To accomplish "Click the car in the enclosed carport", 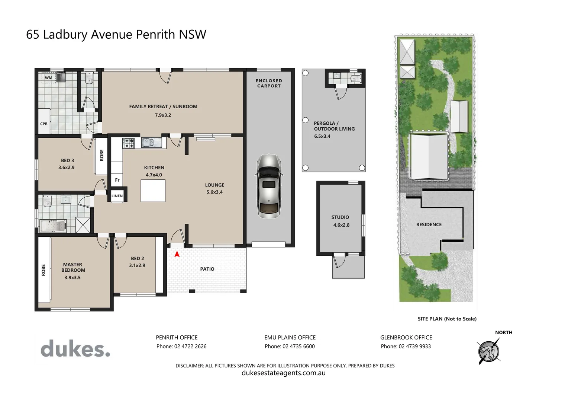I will [269, 186].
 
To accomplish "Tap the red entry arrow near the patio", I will [177, 254].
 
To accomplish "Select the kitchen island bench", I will [153, 191].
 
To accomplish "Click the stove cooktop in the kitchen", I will [129, 143].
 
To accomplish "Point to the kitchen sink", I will [151, 142].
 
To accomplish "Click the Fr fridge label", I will [117, 180].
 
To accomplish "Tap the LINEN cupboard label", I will [117, 196].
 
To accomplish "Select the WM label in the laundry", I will [49, 78].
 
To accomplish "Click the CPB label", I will [44, 124].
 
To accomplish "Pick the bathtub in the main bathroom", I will [52, 226].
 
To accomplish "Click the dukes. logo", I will [75, 349].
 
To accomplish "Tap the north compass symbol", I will [489, 351].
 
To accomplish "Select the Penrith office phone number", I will [181, 346].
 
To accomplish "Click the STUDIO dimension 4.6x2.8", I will [341, 225].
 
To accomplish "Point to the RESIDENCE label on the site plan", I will [429, 224].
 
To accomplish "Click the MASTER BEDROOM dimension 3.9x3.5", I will [72, 277].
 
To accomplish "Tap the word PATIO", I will [207, 269].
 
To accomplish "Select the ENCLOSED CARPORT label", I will [269, 83].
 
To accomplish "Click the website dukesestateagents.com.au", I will [284, 373].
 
